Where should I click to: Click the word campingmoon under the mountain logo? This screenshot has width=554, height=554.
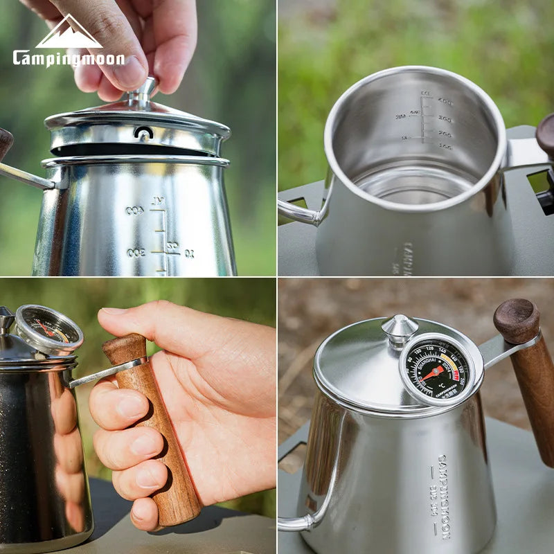pyautogui.click(x=68, y=58)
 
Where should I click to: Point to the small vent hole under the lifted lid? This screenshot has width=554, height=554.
pyautogui.click(x=143, y=132)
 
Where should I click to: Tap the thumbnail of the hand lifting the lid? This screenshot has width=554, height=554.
pyautogui.click(x=138, y=138)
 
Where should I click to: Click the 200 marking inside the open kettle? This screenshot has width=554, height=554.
pyautogui.click(x=444, y=134)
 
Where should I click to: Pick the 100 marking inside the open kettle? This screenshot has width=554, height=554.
pyautogui.click(x=445, y=148)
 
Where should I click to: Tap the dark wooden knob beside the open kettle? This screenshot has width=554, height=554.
pyautogui.click(x=546, y=133)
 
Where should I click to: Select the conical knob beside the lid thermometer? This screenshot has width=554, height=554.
pyautogui.click(x=400, y=328)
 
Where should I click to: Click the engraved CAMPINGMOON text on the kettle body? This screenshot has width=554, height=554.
pyautogui.click(x=443, y=496)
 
